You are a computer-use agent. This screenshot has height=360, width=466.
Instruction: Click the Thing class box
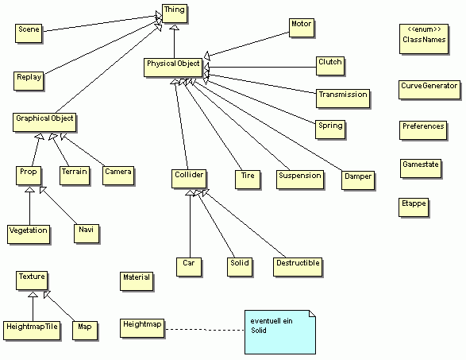pos(175,14)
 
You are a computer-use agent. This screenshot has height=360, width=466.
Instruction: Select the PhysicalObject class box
pos(173,68)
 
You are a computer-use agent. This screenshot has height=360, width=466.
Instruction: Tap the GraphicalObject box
pos(44,122)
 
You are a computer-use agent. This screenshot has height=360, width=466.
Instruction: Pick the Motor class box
pos(302,28)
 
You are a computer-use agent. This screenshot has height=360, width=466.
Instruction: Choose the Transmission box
pos(343,99)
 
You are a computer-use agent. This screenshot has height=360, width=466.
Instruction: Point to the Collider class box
pos(189,179)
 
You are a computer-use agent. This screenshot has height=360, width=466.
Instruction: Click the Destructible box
pos(298,267)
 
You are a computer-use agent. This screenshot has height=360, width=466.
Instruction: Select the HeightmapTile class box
pos(32,331)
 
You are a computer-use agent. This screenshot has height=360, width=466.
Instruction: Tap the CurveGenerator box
pos(429,90)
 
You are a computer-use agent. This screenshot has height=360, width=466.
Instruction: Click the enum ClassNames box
pos(424,39)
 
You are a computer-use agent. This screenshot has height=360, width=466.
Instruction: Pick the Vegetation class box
pos(29,234)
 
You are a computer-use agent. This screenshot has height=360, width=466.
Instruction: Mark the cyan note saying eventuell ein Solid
pos(280,332)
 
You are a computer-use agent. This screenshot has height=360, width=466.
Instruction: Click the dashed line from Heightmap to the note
pos(205,329)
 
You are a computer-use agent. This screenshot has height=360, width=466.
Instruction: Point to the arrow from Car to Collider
pos(191,224)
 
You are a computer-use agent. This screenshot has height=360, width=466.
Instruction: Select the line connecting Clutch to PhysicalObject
pos(260,67)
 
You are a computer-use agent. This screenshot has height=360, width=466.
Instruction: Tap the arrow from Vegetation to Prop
pos(29,206)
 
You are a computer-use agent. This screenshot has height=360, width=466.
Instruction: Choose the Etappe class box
pos(414,207)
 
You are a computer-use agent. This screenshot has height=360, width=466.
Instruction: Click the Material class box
pos(137,281)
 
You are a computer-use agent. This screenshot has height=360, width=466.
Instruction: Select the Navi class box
pos(87,234)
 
